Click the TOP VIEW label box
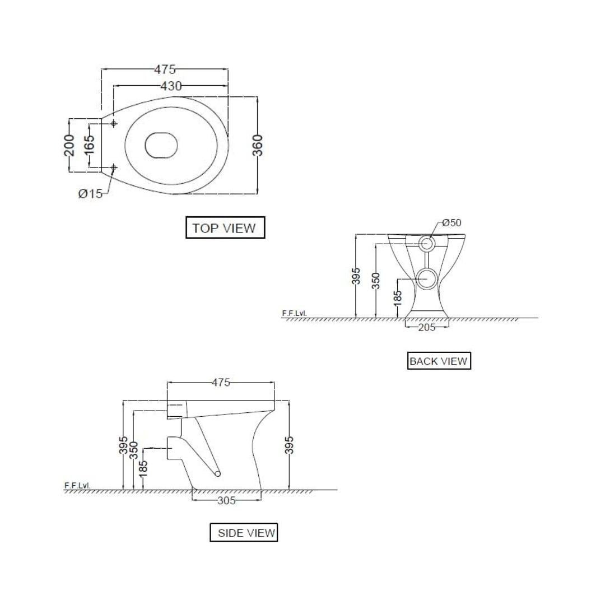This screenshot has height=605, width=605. (225, 228)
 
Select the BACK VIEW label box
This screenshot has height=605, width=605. (438, 361)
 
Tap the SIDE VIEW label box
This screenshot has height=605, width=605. (244, 533)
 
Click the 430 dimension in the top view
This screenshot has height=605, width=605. (171, 86)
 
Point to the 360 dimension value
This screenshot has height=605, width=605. (258, 146)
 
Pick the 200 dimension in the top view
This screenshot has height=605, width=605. (69, 146)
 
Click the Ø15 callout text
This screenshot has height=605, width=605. (90, 194)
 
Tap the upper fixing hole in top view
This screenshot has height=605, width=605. (114, 123)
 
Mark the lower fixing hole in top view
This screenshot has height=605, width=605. (114, 167)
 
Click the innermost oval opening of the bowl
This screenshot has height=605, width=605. (161, 145)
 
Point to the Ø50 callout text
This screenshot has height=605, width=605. (451, 222)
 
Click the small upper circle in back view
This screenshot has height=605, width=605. (426, 243)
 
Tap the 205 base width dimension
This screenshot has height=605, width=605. (426, 327)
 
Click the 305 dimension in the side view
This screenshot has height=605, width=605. (226, 500)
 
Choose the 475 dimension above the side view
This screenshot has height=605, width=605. (221, 383)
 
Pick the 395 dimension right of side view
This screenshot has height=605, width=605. (289, 445)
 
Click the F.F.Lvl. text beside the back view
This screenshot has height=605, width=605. (295, 314)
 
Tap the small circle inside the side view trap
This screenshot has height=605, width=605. (218, 474)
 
